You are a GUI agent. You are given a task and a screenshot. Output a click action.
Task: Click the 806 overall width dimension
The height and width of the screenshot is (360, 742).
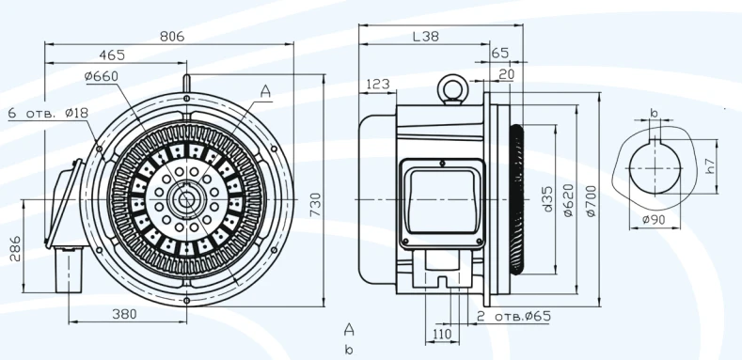click(x=171, y=36)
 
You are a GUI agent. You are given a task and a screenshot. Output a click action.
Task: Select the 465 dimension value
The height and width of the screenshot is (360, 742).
click(x=112, y=56)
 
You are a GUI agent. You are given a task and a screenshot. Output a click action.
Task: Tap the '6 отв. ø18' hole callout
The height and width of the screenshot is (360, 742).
click(x=48, y=112)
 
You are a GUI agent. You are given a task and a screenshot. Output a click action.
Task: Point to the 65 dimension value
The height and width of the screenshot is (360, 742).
click(x=500, y=54)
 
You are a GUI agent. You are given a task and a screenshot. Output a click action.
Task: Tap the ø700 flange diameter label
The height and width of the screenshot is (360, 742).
click(x=591, y=201)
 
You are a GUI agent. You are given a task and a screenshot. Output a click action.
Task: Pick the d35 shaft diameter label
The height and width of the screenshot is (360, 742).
click(x=547, y=201)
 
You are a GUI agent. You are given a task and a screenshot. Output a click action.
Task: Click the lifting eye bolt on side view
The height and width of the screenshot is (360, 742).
click(x=450, y=87)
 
